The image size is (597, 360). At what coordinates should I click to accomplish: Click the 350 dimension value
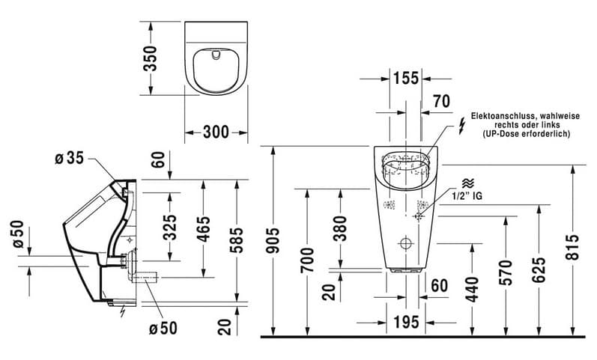coord(151,58)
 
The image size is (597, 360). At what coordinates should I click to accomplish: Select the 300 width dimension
coord(216,132)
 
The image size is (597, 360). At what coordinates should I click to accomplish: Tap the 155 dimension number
coord(405,77)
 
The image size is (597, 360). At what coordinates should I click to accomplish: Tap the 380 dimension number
coord(340,229)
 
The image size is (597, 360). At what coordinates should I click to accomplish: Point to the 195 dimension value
coord(404,323)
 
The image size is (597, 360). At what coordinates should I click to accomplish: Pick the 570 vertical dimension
coord(506,273)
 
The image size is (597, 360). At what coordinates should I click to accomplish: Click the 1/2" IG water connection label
coord(467,195)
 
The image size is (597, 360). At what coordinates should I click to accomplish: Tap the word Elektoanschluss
coord(497,117)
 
